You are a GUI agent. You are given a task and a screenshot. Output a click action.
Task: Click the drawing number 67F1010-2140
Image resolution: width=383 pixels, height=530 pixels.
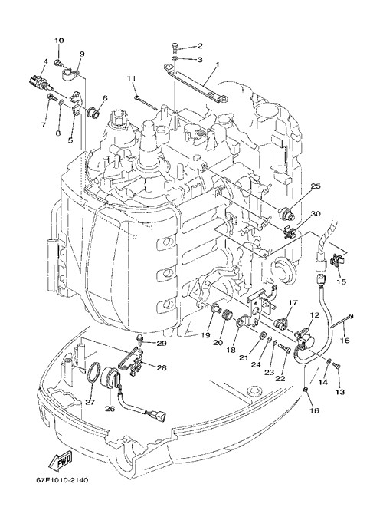[x=62, y=480]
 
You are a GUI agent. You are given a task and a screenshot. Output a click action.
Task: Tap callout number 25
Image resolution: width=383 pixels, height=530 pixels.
[x=316, y=186]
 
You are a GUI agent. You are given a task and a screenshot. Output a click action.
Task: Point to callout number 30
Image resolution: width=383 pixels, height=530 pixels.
[x=316, y=214]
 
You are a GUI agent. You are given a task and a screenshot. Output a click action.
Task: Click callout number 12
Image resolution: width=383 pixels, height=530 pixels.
[x=315, y=314]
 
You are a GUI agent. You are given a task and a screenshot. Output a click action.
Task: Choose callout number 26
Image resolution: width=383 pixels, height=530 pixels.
[x=110, y=409]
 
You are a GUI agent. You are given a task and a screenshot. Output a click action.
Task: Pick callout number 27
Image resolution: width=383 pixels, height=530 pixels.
[x=90, y=402]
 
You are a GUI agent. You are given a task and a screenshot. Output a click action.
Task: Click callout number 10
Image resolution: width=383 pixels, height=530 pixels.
[x=59, y=41]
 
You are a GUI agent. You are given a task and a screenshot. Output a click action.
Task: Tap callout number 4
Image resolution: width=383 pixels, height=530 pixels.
[x=45, y=62]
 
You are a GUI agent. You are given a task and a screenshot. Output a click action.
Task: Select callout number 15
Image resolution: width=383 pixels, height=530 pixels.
[x=342, y=281]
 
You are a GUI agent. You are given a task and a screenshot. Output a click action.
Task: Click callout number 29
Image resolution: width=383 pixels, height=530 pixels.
[x=162, y=343]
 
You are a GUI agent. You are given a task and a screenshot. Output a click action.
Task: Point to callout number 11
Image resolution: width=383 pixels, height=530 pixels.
[x=131, y=78]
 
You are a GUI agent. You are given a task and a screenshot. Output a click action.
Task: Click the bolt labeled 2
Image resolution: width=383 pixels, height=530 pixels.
[x=175, y=48]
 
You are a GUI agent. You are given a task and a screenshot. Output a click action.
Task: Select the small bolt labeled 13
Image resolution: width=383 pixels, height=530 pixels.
[x=336, y=365]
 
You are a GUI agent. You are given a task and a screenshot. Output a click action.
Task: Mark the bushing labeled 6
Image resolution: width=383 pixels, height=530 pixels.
[x=93, y=112]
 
